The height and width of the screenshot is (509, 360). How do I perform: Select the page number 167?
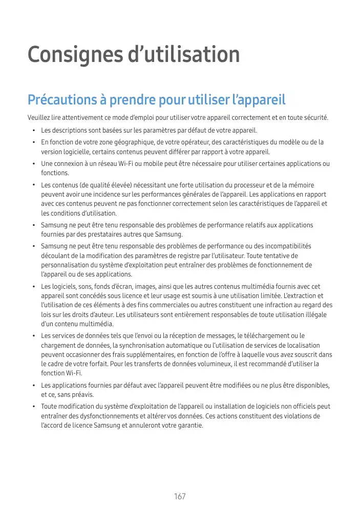[x=180, y=497]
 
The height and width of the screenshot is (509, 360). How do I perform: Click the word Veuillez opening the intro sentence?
[x=39, y=118]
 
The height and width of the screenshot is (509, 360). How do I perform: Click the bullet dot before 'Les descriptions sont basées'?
[x=33, y=130]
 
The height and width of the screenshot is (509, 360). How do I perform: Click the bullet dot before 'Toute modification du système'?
[x=33, y=407]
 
